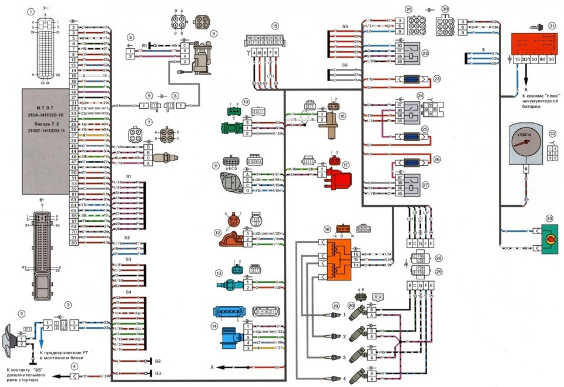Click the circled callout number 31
552,26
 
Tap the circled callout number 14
217,325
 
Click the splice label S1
129,176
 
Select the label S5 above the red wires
345,27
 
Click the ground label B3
157,373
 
